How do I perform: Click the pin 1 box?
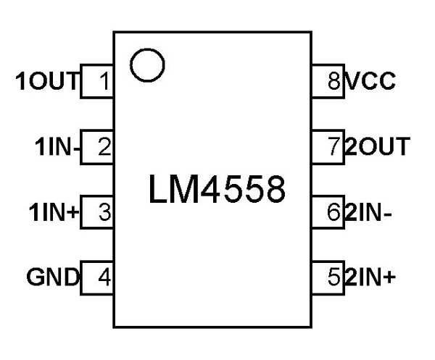(97, 82)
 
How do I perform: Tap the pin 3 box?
(97, 213)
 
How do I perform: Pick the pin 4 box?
(97, 277)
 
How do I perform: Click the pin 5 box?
(328, 277)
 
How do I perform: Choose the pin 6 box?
(328, 213)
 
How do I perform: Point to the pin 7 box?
(328, 148)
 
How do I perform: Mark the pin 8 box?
(328, 82)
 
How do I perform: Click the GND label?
(52, 277)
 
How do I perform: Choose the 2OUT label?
(376, 148)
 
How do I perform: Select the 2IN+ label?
(370, 277)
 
